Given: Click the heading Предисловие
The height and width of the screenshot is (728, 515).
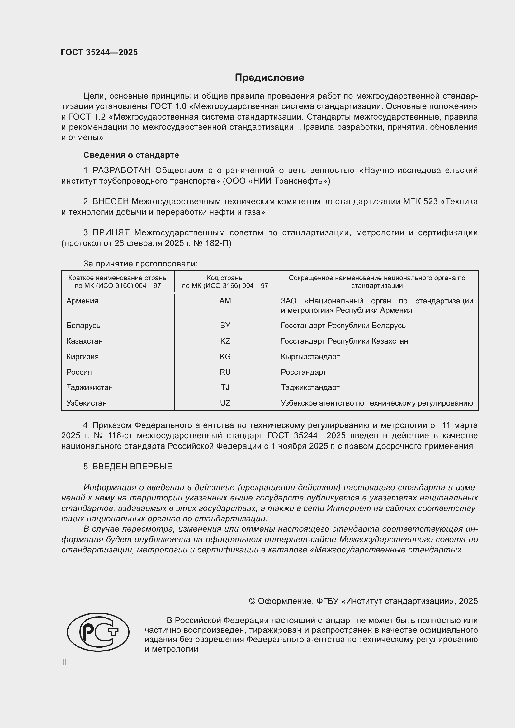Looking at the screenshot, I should click(269, 78).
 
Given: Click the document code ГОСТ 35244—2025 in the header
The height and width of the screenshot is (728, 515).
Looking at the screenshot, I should click(99, 53).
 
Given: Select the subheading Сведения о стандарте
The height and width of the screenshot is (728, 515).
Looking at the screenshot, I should click(131, 155).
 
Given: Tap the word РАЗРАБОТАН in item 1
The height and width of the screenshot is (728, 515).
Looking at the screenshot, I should click(121, 171).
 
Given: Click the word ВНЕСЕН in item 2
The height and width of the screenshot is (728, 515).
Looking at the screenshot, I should click(111, 202).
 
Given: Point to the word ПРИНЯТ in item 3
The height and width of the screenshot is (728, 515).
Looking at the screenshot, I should click(111, 233).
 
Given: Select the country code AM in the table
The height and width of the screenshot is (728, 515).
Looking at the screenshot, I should click(225, 301).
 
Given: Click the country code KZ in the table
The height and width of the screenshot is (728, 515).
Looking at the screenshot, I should click(225, 341).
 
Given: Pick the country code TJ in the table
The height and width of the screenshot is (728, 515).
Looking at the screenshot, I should click(225, 387).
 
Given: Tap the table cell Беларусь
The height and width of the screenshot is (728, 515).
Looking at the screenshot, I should click(83, 326).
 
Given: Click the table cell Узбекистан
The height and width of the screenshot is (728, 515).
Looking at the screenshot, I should click(87, 403).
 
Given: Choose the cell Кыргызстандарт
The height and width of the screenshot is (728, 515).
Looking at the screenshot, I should click(310, 357).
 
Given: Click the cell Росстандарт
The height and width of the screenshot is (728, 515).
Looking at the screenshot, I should click(304, 372).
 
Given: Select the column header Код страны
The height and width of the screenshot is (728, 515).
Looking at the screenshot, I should click(225, 278).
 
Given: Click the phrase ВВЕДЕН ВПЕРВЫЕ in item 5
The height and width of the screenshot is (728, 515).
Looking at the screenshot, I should click(132, 467).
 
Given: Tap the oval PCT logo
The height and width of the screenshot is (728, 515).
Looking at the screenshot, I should click(98, 632).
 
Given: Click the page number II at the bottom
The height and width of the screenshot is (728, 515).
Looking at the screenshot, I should click(64, 662).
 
